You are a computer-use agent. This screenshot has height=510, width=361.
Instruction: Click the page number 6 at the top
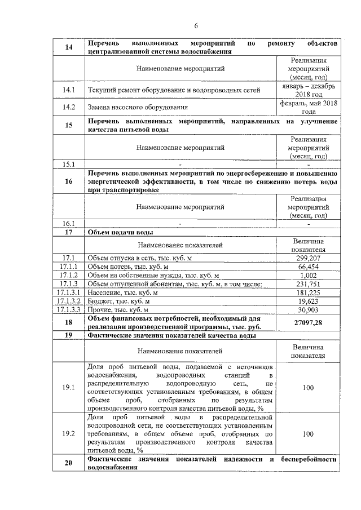[196, 25]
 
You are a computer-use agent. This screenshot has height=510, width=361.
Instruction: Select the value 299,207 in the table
[309, 258]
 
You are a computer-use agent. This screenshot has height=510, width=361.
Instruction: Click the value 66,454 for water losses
[309, 267]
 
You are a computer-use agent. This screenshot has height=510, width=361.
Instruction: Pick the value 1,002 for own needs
[309, 275]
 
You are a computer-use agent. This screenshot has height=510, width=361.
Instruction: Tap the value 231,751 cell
[309, 284]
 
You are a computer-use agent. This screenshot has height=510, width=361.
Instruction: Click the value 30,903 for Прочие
[309, 310]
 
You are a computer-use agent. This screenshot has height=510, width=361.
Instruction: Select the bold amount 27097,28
[309, 322]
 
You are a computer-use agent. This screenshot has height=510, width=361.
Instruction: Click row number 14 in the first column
[69, 47]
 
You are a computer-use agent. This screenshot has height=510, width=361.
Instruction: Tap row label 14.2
[69, 107]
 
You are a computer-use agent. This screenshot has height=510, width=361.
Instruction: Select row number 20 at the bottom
[69, 463]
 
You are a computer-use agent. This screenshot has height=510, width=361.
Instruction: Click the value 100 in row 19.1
[309, 388]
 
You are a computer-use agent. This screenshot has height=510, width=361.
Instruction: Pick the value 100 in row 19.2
[309, 434]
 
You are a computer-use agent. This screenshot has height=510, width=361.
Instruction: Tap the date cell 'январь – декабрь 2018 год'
[309, 90]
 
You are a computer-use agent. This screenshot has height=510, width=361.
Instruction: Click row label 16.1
[69, 223]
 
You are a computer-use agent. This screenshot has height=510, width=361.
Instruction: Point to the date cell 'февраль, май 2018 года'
[309, 107]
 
